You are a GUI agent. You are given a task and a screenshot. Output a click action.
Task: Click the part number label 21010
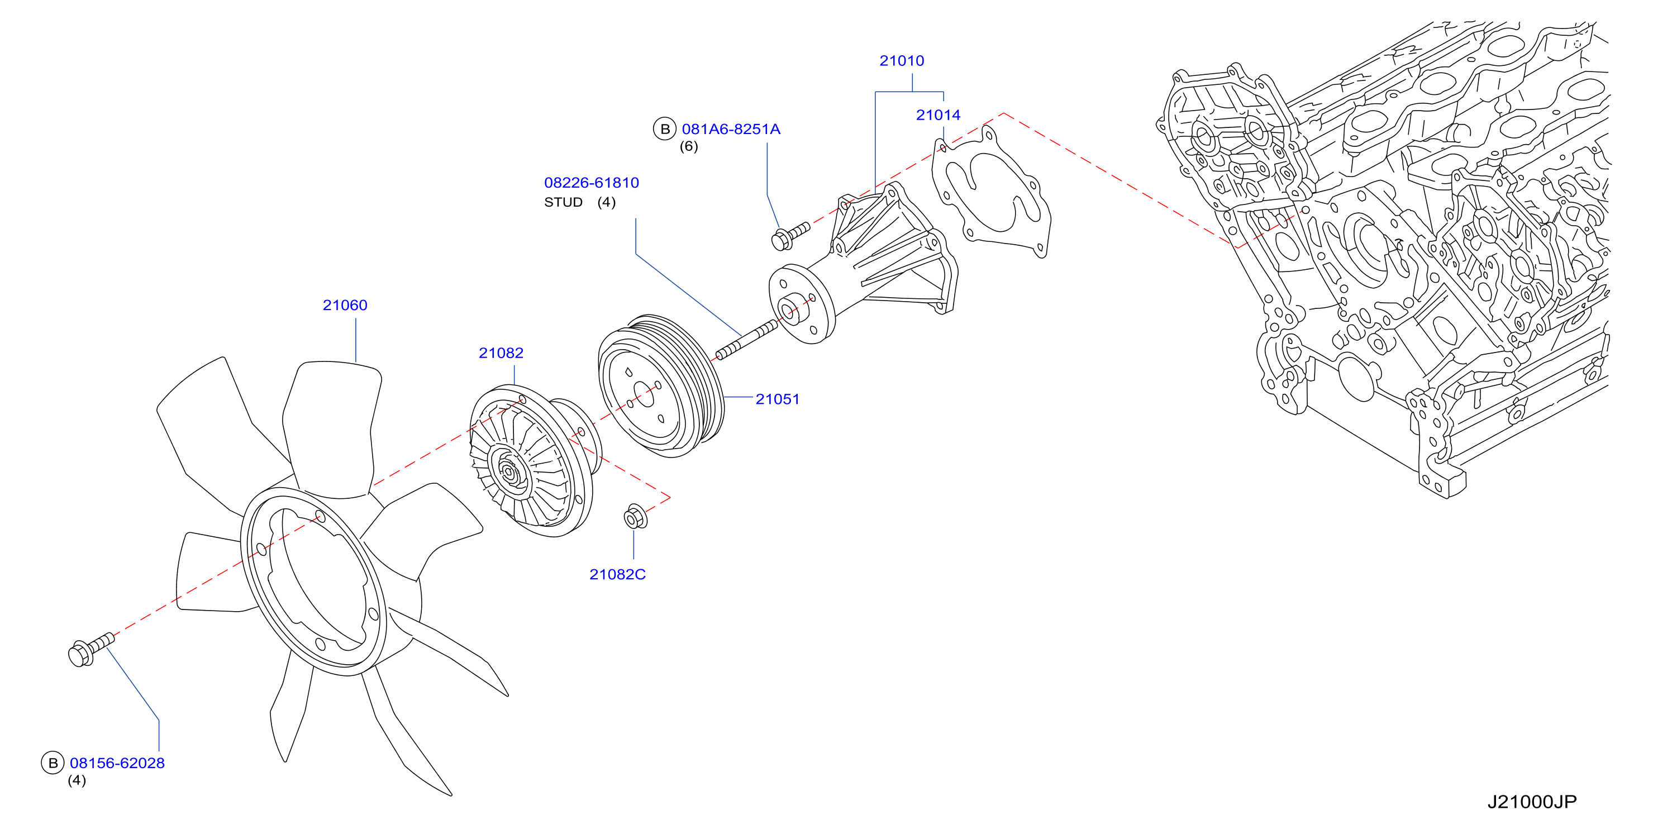[x=902, y=61]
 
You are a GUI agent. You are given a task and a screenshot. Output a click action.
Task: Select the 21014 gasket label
[x=938, y=115]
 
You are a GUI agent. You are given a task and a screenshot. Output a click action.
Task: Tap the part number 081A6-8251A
[x=731, y=129]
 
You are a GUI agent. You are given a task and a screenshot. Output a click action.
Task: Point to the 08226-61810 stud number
[x=592, y=183]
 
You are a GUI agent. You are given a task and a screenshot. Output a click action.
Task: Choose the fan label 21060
[x=345, y=306]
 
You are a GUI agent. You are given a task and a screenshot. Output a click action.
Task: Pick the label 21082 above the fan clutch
[x=501, y=353]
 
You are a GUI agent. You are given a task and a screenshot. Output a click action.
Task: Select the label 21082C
[x=617, y=574]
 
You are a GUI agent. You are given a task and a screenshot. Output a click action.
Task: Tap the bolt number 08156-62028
[x=117, y=763]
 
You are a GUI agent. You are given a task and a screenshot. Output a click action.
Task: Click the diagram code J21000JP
[x=1532, y=802]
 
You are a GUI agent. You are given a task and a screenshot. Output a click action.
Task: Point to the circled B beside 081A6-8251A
[x=665, y=129]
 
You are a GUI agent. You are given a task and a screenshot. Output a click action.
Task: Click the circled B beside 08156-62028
[x=53, y=763]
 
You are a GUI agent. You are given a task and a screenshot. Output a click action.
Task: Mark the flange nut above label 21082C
[x=635, y=517]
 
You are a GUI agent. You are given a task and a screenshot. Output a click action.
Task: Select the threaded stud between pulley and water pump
[x=746, y=341]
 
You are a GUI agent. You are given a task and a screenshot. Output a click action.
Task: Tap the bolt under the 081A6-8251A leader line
[x=790, y=236]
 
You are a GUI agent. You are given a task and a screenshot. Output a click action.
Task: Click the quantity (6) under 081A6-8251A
[x=689, y=146]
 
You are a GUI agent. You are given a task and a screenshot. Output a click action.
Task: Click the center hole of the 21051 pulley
[x=643, y=394]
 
